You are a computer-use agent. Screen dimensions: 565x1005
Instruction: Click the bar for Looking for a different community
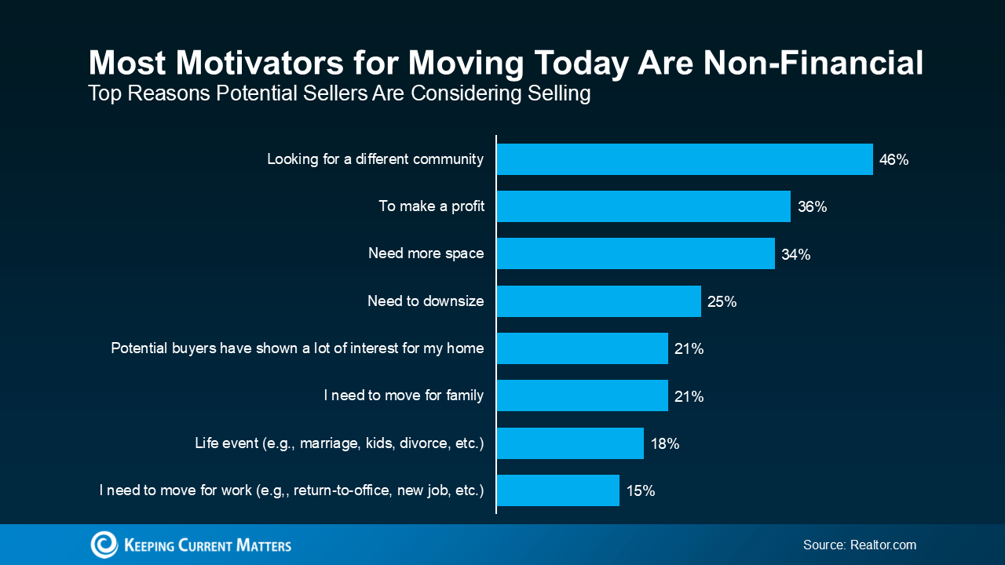[x=685, y=159]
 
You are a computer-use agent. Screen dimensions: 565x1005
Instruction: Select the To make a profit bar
[x=643, y=206]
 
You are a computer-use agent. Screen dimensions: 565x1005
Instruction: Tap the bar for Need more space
[x=635, y=253]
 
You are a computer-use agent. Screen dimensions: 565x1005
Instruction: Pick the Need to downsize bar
[x=598, y=301]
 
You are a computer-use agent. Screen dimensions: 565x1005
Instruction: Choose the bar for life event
[x=570, y=443]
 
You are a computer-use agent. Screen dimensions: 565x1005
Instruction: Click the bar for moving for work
[x=557, y=490]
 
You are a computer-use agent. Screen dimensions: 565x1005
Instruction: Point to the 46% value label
[x=894, y=160]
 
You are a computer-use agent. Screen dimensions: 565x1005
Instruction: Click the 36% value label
[x=812, y=207]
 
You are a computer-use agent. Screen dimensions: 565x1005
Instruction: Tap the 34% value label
[x=795, y=254]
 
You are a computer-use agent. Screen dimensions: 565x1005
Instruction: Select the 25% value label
[x=722, y=301]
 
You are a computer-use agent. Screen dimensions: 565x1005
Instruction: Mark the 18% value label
[x=664, y=443]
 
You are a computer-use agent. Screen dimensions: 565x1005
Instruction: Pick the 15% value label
[x=640, y=491]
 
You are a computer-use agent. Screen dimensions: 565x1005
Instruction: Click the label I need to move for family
[x=404, y=395]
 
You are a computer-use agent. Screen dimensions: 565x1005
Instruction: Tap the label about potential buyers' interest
[x=297, y=348]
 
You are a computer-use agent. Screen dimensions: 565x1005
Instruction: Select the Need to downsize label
[x=426, y=301]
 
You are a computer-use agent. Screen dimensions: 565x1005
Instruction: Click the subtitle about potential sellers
[x=339, y=93]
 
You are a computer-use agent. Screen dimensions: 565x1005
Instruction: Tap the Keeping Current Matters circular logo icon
[x=104, y=545]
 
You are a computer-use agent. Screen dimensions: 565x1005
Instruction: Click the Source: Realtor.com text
[x=860, y=545]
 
